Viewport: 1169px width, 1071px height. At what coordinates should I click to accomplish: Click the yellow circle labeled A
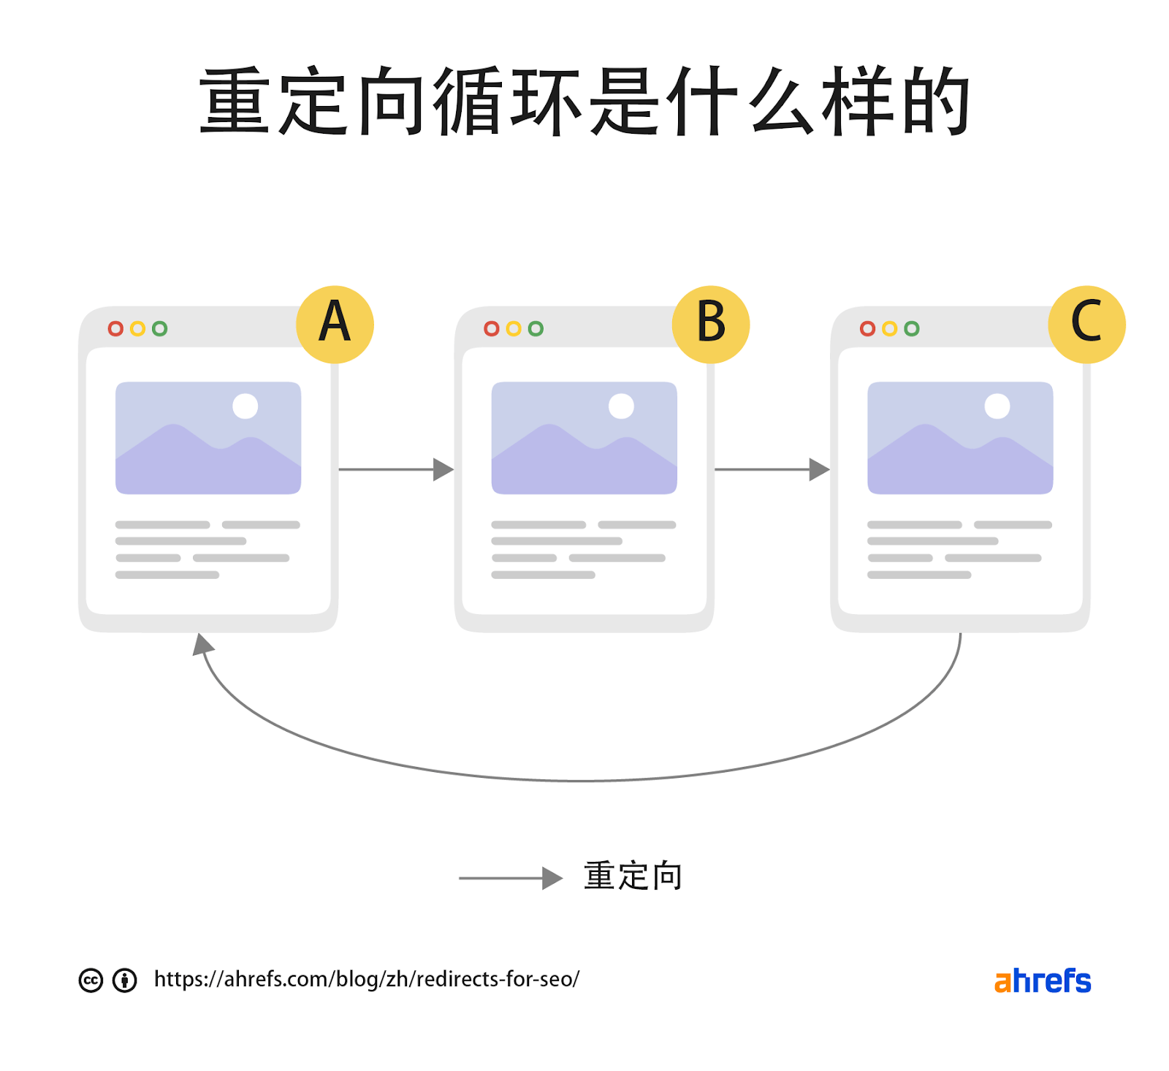point(335,324)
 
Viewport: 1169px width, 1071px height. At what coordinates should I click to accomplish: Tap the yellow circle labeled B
point(711,324)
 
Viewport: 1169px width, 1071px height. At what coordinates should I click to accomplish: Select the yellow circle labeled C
point(1086,324)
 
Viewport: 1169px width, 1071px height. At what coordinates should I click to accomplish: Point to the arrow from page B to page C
point(772,469)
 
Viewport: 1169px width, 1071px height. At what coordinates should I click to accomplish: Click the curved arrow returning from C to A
point(581,780)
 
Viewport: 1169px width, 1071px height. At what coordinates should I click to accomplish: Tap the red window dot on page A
point(115,329)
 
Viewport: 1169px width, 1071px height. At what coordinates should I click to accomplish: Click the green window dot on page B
point(536,329)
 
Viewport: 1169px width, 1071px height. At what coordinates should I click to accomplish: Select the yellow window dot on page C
point(889,329)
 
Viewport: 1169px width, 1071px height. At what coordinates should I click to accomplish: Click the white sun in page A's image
point(245,406)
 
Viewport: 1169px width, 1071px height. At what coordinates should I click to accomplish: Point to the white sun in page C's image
point(997,406)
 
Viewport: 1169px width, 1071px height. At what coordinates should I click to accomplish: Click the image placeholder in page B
point(584,438)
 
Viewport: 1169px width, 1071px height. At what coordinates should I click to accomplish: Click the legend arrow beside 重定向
point(510,878)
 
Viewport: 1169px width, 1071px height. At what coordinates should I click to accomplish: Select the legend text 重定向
point(633,876)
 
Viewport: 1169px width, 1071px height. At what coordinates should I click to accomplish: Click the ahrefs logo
point(1042,981)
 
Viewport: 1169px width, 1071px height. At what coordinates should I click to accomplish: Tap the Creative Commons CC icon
point(91,980)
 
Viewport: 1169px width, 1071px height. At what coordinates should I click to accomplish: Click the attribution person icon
point(125,980)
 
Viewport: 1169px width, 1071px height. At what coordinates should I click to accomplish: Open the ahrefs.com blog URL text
point(366,979)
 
